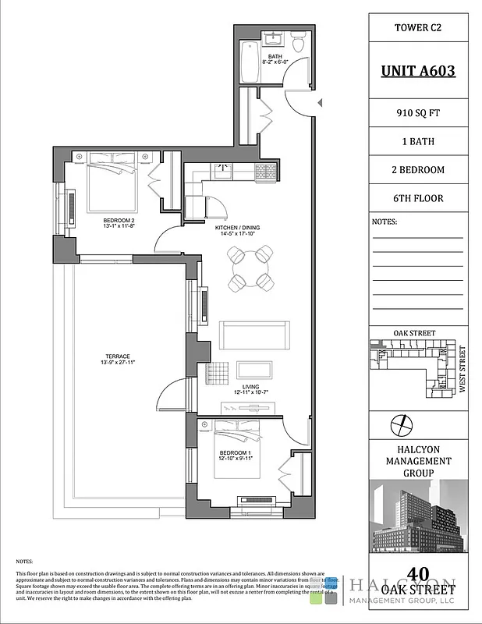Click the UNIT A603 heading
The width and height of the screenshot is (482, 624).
pos(417,71)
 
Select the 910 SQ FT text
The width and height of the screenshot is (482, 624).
pos(417,113)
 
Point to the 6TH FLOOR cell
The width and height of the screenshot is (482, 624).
pos(417,198)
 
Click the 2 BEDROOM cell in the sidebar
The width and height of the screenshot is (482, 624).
pos(417,170)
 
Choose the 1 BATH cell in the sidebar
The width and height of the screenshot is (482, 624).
pos(417,142)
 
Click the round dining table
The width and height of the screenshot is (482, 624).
pos(250,268)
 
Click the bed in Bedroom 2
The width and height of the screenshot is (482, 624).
pos(112,184)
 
